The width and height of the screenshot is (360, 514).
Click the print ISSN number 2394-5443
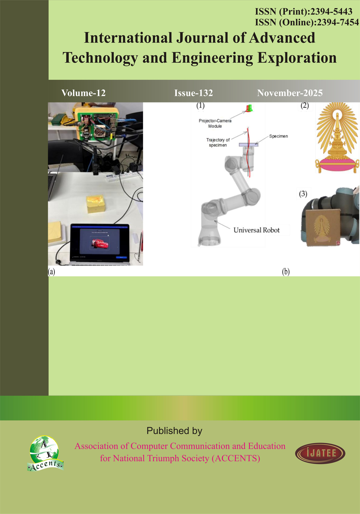tap(331, 12)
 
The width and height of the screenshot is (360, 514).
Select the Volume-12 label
tap(84, 93)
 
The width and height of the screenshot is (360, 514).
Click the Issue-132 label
tap(194, 93)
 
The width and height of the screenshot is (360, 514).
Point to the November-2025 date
tap(290, 93)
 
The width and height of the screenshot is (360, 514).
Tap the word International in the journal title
tap(128, 38)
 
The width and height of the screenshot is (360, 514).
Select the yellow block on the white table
tap(96, 204)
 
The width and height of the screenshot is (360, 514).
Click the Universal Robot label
tap(257, 230)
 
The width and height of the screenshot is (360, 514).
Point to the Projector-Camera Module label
tap(215, 123)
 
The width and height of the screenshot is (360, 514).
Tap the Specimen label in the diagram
tap(278, 136)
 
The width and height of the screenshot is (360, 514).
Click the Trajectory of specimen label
tap(218, 143)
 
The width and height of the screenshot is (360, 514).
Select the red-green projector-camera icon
tap(249, 108)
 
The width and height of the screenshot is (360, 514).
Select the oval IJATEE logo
tap(320, 453)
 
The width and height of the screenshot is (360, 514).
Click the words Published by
tap(174, 431)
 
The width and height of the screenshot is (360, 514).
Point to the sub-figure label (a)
tap(51, 271)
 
